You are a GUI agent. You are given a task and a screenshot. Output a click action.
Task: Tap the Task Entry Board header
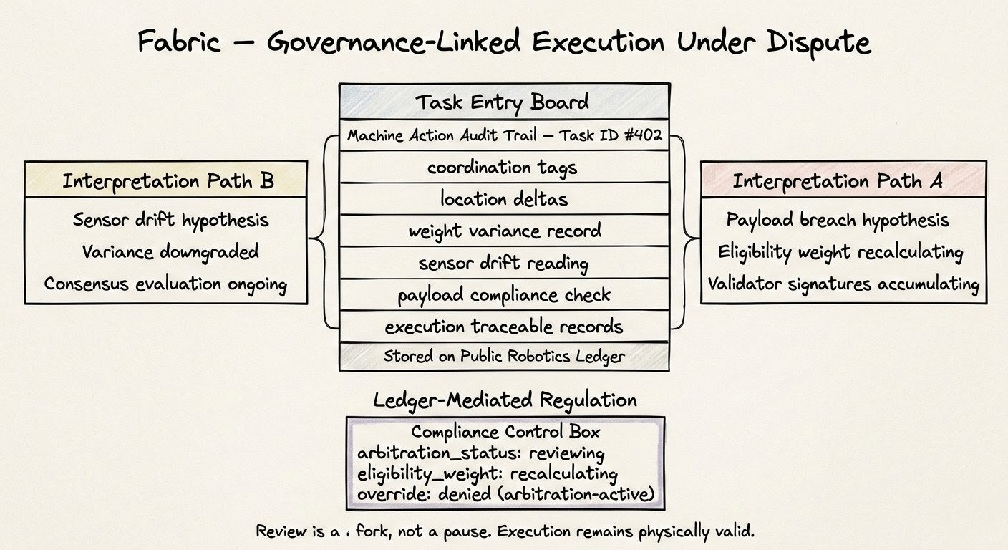pyautogui.click(x=503, y=102)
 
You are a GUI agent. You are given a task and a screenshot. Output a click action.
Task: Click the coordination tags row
pyautogui.click(x=503, y=167)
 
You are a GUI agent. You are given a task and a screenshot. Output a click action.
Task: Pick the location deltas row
pyautogui.click(x=503, y=198)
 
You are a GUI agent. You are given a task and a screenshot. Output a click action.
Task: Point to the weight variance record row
pyautogui.click(x=503, y=231)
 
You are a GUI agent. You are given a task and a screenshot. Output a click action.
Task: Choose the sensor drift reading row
pyautogui.click(x=503, y=263)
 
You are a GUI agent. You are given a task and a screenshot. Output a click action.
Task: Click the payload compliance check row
pyautogui.click(x=503, y=294)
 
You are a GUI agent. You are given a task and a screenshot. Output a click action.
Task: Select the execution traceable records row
pyautogui.click(x=503, y=327)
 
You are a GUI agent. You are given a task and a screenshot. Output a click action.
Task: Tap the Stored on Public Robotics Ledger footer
pyautogui.click(x=503, y=356)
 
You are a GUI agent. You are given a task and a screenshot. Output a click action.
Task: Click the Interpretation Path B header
pyautogui.click(x=168, y=181)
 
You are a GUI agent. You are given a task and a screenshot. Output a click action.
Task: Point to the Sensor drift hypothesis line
pyautogui.click(x=170, y=219)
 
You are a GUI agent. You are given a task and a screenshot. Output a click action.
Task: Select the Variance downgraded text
pyautogui.click(x=170, y=251)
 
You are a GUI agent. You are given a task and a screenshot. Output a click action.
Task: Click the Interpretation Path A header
pyautogui.click(x=837, y=181)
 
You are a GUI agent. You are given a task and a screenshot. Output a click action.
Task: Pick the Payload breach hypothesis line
pyautogui.click(x=838, y=219)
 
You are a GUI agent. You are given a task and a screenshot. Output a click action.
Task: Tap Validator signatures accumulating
pyautogui.click(x=843, y=284)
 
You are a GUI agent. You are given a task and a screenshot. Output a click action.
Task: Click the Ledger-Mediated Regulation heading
pyautogui.click(x=505, y=400)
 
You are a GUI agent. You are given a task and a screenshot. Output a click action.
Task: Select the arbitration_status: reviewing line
pyautogui.click(x=480, y=454)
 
